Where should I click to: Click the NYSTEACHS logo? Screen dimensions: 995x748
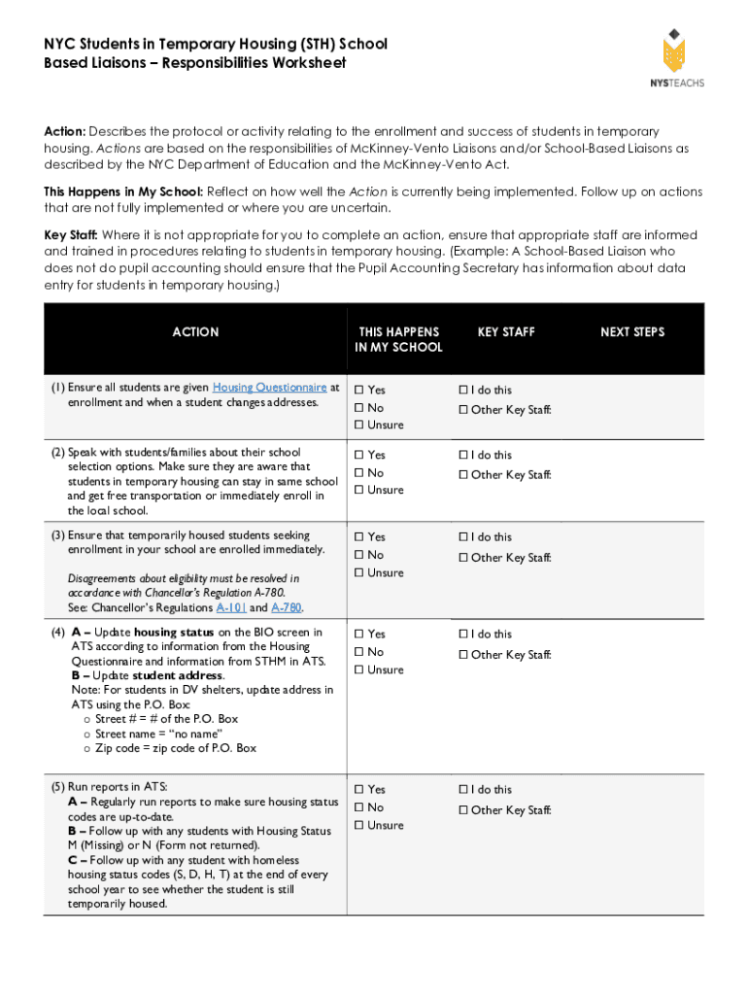pos(676,57)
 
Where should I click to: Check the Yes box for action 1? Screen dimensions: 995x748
pos(358,391)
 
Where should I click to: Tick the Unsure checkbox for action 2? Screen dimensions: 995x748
pos(358,491)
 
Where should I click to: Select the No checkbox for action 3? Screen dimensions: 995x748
pos(358,555)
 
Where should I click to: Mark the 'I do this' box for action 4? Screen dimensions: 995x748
pos(462,635)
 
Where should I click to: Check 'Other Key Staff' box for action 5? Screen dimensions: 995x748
pos(462,810)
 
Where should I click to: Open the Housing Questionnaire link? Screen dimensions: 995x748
pos(269,387)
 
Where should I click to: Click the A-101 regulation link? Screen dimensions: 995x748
pos(230,608)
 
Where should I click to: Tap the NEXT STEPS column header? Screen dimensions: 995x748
pos(631,332)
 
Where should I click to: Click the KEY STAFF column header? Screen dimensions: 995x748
pos(505,332)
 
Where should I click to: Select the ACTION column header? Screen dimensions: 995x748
pos(195,332)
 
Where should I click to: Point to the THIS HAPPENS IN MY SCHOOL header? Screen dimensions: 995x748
pos(398,339)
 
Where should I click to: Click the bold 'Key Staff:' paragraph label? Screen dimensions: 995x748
pos(71,236)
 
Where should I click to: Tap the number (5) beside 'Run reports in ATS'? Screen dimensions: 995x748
pos(57,786)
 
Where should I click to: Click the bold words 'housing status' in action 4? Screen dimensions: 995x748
pos(174,633)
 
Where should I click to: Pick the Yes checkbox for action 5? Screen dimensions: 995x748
pos(358,790)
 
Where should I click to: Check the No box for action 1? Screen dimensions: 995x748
pos(358,408)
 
